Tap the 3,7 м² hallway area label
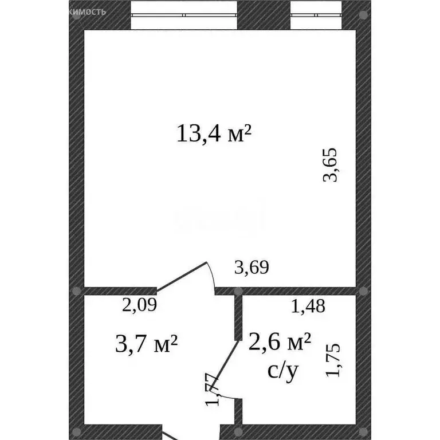(x=146, y=344)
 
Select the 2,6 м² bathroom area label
(x=280, y=344)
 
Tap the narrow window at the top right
(x=316, y=15)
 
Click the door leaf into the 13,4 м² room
(x=182, y=276)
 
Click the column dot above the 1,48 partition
(x=237, y=291)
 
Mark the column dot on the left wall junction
(x=77, y=290)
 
